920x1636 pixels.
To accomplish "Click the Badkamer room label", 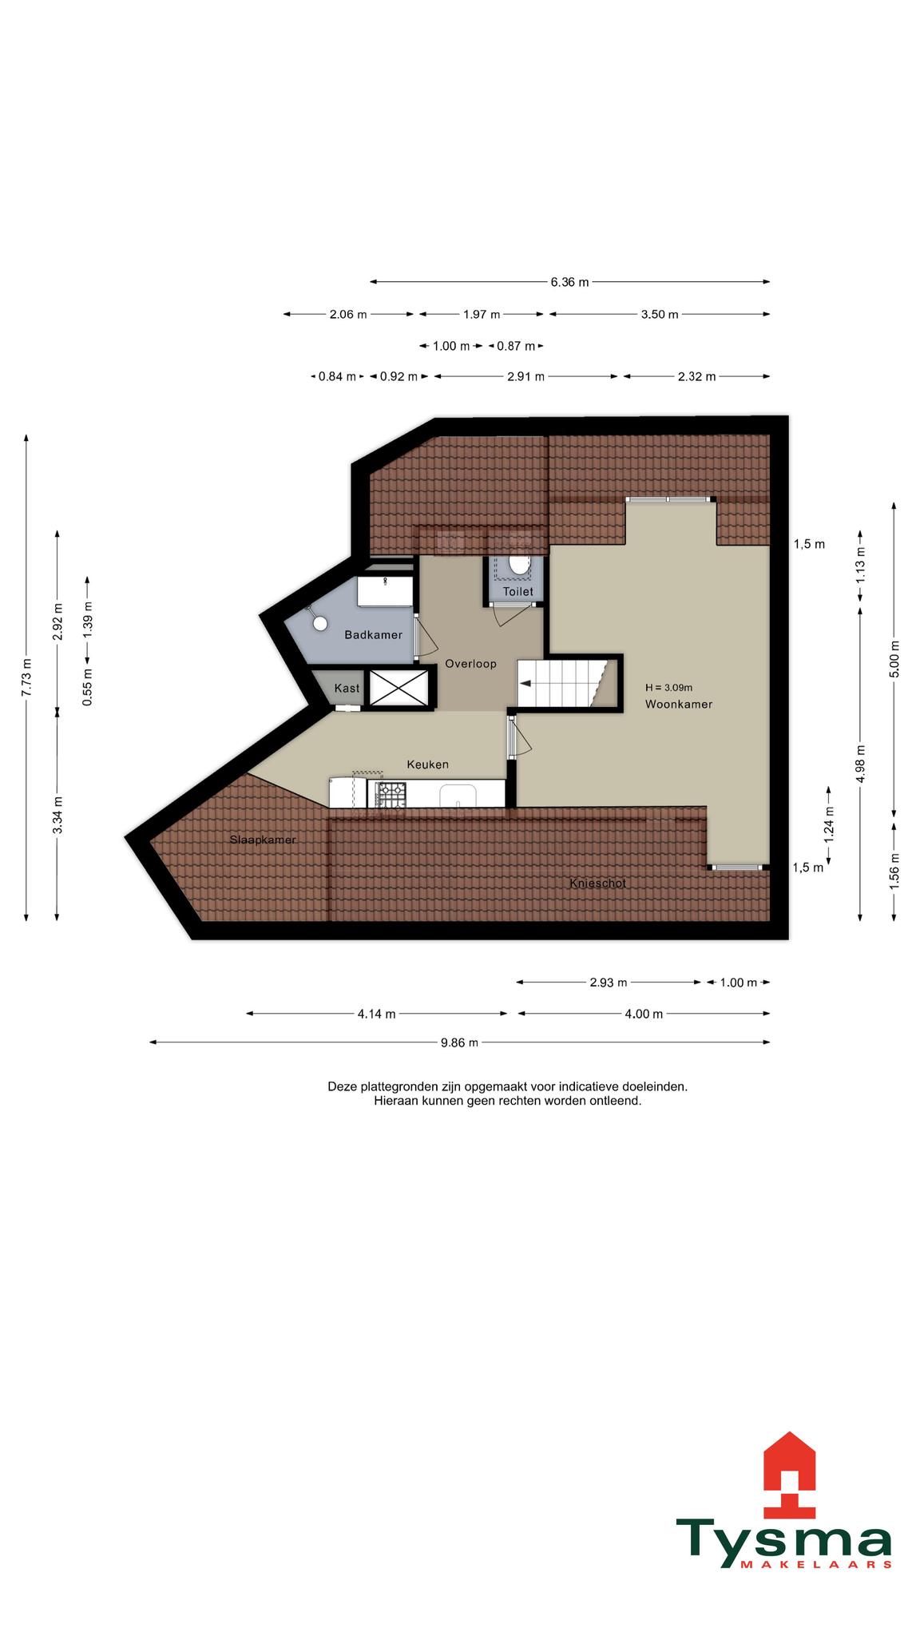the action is pyautogui.click(x=373, y=635).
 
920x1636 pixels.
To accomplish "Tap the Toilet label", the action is pyautogui.click(x=518, y=592).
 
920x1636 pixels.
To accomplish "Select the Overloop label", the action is pyautogui.click(x=471, y=664).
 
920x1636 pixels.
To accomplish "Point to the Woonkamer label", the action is pyautogui.click(x=679, y=705).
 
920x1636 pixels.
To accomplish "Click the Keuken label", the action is pyautogui.click(x=428, y=764).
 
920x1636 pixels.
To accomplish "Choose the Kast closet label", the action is pyautogui.click(x=347, y=688).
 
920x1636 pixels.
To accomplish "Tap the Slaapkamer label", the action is pyautogui.click(x=263, y=840).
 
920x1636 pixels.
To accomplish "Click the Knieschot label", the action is pyautogui.click(x=598, y=884).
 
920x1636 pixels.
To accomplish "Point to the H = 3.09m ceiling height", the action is pyautogui.click(x=669, y=688).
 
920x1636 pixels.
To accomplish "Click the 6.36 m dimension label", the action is pyautogui.click(x=569, y=282).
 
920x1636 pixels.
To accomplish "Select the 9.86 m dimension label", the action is pyautogui.click(x=460, y=1042).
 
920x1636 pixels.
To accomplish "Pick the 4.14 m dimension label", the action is pyautogui.click(x=377, y=1015).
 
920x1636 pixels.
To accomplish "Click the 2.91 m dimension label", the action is pyautogui.click(x=525, y=377).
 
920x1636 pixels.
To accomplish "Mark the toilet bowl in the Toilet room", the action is pyautogui.click(x=520, y=565).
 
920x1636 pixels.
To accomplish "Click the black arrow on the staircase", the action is pyautogui.click(x=526, y=683).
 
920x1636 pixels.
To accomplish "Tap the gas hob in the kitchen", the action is pyautogui.click(x=391, y=794).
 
